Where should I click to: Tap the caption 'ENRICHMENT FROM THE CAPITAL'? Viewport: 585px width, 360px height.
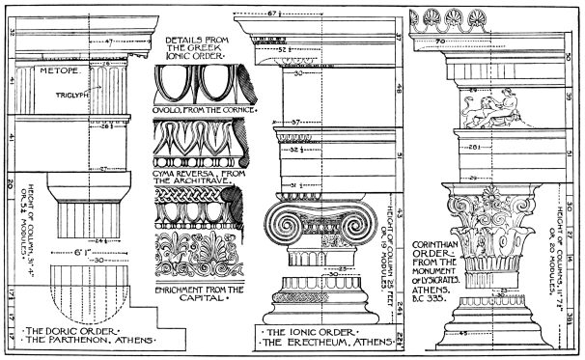(199, 292)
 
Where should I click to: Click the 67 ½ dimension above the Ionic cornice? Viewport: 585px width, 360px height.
(301, 16)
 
